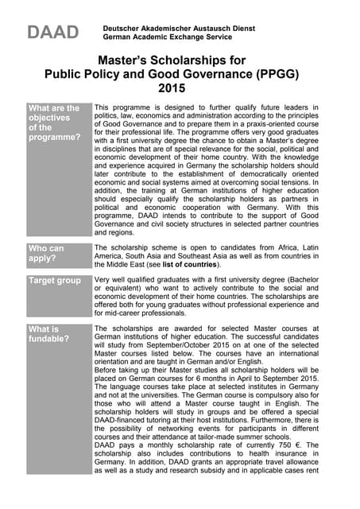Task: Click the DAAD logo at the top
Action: (53, 32)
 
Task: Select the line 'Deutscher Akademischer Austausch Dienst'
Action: (179, 28)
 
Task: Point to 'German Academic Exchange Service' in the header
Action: (168, 37)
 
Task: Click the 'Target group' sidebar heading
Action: (55, 281)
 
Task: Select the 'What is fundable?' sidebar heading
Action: (48, 334)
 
